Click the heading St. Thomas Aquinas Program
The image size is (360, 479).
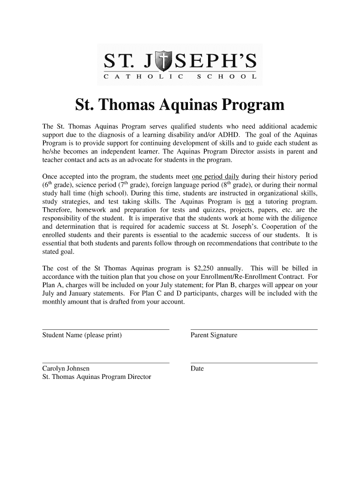point(180,105)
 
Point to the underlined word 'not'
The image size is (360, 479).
point(250,202)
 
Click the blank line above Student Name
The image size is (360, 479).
point(106,329)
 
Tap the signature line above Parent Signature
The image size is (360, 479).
point(254,329)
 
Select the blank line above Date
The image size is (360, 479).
point(254,363)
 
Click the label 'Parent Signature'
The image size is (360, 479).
point(214,335)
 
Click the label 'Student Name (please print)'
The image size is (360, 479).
point(82,335)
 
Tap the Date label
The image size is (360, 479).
point(197,369)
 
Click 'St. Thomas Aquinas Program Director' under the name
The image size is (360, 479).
point(97,377)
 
